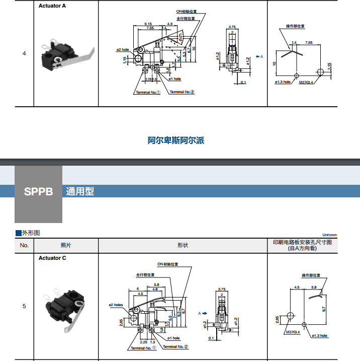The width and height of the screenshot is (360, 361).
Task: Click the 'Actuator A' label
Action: click(x=52, y=6)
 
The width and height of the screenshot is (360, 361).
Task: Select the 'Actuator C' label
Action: click(x=52, y=258)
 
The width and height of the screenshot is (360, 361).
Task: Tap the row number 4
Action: click(x=24, y=53)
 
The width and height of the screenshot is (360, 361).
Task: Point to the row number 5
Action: click(x=24, y=306)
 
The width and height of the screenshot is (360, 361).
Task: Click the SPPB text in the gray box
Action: click(x=38, y=192)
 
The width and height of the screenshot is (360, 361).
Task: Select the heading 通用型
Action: click(x=80, y=192)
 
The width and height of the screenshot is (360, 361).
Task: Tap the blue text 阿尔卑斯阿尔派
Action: click(x=176, y=140)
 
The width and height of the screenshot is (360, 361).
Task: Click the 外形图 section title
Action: click(x=31, y=233)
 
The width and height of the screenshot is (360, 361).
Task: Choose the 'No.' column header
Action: click(x=24, y=245)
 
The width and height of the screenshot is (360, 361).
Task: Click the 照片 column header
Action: click(x=65, y=245)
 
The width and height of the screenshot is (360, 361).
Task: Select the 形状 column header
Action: click(x=183, y=245)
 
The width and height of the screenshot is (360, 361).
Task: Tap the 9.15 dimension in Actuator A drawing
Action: click(x=148, y=24)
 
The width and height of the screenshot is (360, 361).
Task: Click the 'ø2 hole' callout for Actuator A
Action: click(x=123, y=50)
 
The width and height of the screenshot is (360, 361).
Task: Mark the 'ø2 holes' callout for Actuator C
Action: click(x=116, y=305)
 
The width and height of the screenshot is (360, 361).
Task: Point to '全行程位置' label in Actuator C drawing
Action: click(x=145, y=275)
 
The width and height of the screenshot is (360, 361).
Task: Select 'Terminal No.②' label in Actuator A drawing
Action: click(x=182, y=92)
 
